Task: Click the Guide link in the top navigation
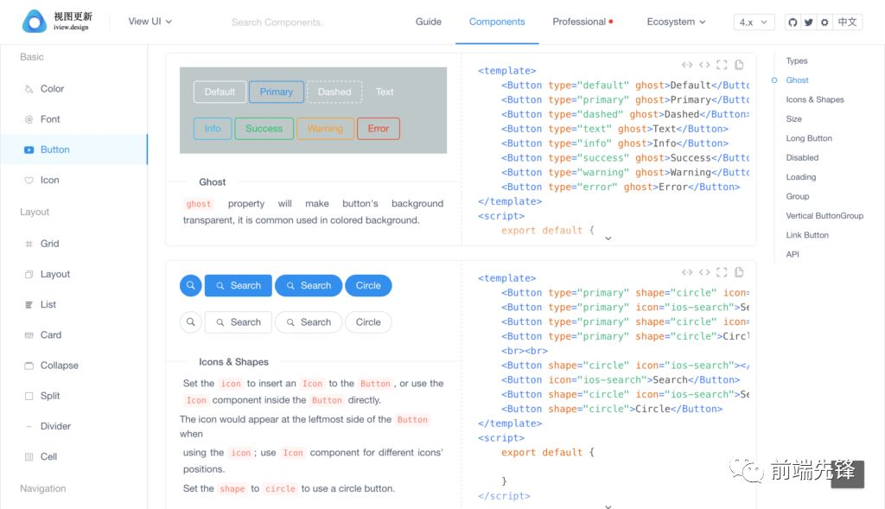[429, 22]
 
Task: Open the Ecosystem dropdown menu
[676, 22]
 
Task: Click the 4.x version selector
[754, 22]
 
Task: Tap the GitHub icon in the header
[793, 22]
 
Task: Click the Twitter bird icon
[809, 22]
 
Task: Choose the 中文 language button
[847, 22]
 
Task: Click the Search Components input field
[277, 22]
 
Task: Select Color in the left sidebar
[52, 89]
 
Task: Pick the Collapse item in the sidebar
[60, 365]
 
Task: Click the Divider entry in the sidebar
[55, 426]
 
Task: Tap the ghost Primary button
[276, 92]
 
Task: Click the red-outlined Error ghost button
[379, 129]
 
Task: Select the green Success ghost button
[264, 129]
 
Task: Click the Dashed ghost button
[334, 92]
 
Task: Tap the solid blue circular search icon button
[191, 285]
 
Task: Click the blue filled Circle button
[368, 285]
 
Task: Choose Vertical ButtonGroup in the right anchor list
[825, 215]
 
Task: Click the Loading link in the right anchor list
[801, 176]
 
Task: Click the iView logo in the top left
[57, 21]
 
